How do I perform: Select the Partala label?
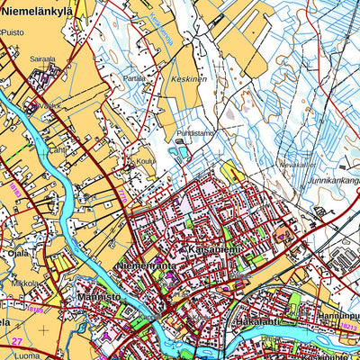pyautogui.click(x=135, y=78)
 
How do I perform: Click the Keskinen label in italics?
pyautogui.click(x=188, y=79)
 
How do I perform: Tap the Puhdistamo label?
pyautogui.click(x=196, y=133)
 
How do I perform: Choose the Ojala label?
pyautogui.click(x=19, y=253)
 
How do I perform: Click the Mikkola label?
pyautogui.click(x=25, y=283)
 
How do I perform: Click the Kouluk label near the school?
pyautogui.click(x=146, y=162)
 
